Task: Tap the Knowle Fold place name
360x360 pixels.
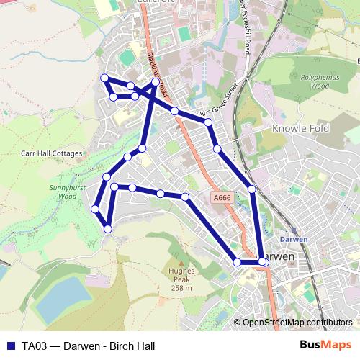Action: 300,129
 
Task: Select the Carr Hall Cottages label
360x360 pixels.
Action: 52,153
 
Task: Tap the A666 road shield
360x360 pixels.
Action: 222,197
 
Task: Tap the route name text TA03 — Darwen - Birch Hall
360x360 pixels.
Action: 88,346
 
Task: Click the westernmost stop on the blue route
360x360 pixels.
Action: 95,209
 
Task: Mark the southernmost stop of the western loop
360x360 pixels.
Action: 108,229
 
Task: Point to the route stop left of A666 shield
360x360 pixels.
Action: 185,197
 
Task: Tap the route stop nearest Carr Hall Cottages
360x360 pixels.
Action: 107,176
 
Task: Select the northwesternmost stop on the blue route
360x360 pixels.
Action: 104,78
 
